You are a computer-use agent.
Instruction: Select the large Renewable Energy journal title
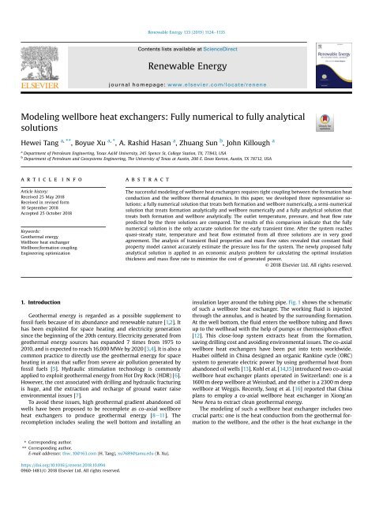(189, 44)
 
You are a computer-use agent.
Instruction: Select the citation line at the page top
(190, 11)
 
